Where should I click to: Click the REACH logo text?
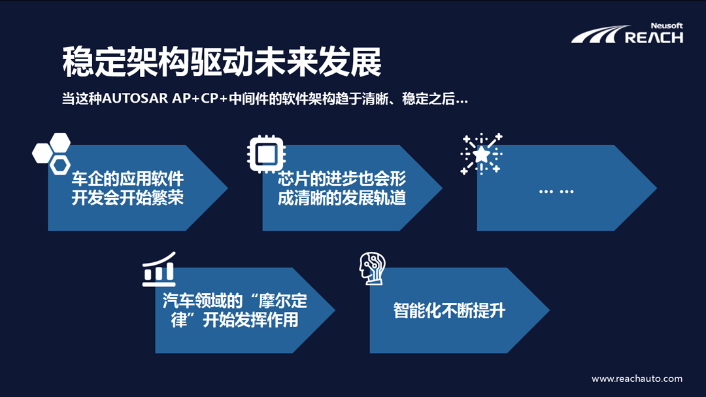[x=654, y=37]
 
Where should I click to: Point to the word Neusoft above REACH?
[x=667, y=26]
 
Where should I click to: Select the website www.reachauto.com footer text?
[x=637, y=379]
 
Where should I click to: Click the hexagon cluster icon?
[x=52, y=152]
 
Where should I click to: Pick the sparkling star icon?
[x=482, y=154]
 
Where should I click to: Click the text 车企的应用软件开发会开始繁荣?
[x=127, y=188]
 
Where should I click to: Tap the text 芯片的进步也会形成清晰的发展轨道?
[x=342, y=188]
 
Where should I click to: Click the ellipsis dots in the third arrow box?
[x=556, y=191]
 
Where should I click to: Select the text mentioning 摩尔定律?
[x=235, y=311]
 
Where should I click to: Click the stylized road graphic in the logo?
[x=594, y=35]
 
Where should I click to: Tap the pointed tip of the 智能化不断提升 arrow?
[x=548, y=311]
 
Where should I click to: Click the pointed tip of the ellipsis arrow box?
[x=655, y=188]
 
